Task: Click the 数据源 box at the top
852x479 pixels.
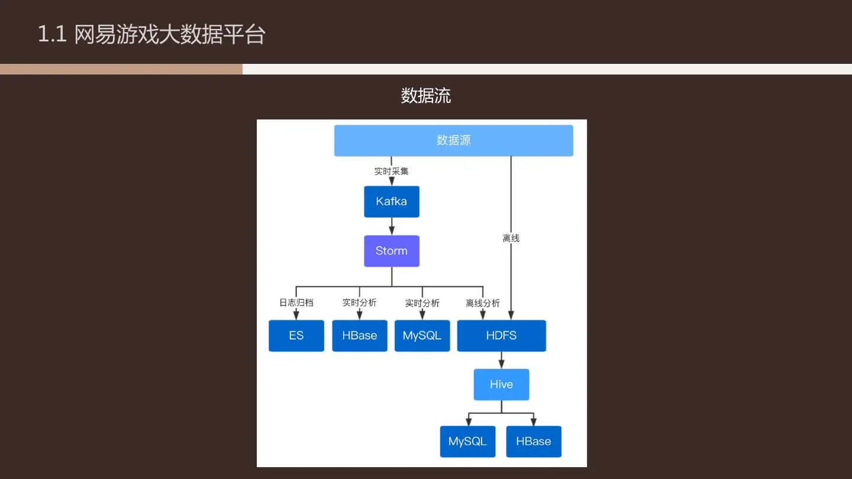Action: pos(453,141)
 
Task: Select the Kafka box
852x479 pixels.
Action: pos(391,202)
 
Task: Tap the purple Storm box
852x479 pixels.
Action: pos(391,251)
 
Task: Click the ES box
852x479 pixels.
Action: pos(296,336)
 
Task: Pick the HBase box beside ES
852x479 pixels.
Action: pos(359,336)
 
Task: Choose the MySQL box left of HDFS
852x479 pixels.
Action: pos(422,336)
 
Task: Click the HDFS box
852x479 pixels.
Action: pos(501,336)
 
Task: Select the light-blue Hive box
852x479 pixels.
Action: pos(501,384)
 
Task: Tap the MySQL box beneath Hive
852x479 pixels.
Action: pos(467,442)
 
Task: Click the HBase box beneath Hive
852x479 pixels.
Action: pos(533,442)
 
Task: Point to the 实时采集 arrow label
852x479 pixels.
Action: pos(391,171)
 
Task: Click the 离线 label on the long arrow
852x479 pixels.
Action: pos(511,238)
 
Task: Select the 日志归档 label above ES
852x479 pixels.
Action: pos(296,303)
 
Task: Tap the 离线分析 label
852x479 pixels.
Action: pos(482,303)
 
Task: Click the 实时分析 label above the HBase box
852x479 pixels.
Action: pos(359,303)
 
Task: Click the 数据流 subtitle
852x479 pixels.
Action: pos(425,96)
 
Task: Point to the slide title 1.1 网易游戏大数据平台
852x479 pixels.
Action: pos(151,34)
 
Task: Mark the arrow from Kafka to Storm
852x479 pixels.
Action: pos(391,226)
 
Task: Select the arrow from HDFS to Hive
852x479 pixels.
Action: pos(501,360)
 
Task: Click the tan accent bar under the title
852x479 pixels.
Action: pos(121,69)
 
